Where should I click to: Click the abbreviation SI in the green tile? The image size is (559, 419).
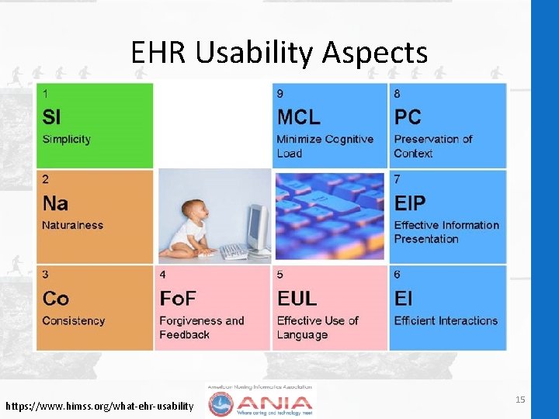(x=51, y=117)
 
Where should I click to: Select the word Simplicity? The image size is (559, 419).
(x=67, y=140)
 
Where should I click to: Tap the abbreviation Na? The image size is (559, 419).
(x=55, y=204)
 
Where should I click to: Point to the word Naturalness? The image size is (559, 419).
(x=72, y=226)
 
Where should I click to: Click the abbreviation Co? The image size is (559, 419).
(x=55, y=299)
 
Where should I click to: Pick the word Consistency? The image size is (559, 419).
(x=74, y=320)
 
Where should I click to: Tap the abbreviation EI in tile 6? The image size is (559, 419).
(x=403, y=299)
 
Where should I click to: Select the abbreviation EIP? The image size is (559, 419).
(x=410, y=204)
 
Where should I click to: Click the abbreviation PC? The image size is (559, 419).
(x=408, y=117)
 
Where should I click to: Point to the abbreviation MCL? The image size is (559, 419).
(x=298, y=117)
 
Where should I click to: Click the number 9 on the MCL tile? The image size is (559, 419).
(x=280, y=94)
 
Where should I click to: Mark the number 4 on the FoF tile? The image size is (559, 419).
(x=162, y=275)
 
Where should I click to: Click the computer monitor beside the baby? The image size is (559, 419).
(x=258, y=225)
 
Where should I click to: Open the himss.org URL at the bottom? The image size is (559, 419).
(x=99, y=406)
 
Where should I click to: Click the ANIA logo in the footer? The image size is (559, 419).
(x=261, y=401)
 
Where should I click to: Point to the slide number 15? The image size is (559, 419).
(x=520, y=399)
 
